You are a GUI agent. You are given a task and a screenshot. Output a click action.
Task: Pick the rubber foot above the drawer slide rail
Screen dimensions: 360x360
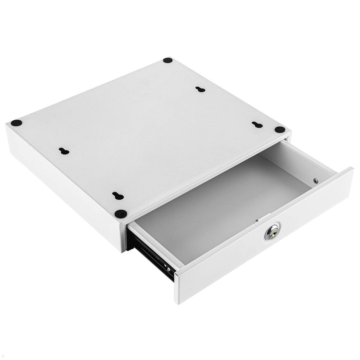(120, 214)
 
